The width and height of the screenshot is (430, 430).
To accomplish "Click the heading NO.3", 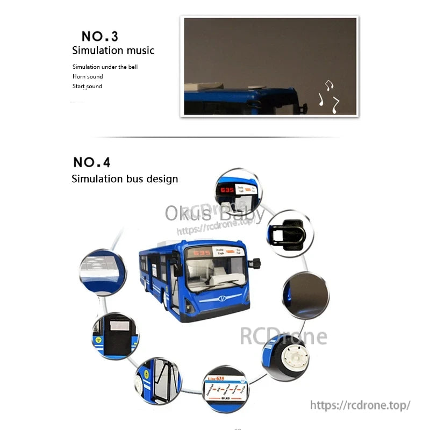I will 99,37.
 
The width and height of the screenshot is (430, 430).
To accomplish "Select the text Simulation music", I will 113,51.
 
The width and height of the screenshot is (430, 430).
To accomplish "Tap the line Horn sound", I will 88,77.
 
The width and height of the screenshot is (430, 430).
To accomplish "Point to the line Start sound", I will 87,87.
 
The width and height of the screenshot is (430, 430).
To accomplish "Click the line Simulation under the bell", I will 105,67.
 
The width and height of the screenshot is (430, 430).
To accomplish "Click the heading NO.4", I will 91,162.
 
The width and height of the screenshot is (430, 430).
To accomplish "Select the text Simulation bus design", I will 125,179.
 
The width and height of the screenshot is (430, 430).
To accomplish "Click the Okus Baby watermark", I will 214,214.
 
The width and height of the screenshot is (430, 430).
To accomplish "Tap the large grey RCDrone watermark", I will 283,336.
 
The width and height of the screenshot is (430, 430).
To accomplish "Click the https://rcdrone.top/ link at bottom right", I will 360,405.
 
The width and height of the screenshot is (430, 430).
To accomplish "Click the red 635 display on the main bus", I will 203,253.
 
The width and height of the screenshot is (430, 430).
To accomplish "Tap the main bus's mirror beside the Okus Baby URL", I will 256,263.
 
